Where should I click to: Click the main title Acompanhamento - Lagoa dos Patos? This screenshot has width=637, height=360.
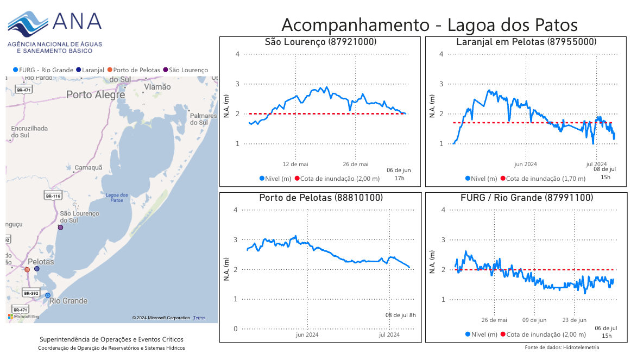pyautogui.click(x=429, y=25)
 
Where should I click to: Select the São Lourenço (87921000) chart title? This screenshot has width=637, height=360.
pyautogui.click(x=320, y=42)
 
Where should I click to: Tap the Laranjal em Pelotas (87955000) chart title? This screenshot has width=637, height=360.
pyautogui.click(x=526, y=42)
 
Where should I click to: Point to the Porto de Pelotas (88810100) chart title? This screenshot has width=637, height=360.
pyautogui.click(x=321, y=198)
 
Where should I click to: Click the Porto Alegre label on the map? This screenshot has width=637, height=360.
pyautogui.click(x=95, y=94)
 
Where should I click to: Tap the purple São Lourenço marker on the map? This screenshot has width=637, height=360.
pyautogui.click(x=60, y=228)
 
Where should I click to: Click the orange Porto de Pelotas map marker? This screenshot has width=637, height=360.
pyautogui.click(x=27, y=269)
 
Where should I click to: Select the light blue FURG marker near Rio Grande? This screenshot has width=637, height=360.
pyautogui.click(x=48, y=295)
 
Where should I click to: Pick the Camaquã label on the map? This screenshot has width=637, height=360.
pyautogui.click(x=88, y=167)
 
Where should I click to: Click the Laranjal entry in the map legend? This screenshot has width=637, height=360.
pyautogui.click(x=90, y=70)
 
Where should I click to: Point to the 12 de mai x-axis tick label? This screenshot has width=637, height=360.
pyautogui.click(x=295, y=164)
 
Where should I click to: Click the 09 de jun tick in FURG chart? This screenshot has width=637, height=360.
pyautogui.click(x=535, y=320)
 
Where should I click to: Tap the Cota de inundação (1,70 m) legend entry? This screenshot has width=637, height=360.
pyautogui.click(x=543, y=179)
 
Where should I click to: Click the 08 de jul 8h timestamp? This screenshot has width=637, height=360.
pyautogui.click(x=401, y=315)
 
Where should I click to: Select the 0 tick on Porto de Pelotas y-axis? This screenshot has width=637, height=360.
pyautogui.click(x=236, y=329)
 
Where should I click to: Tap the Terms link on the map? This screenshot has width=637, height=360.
pyautogui.click(x=199, y=318)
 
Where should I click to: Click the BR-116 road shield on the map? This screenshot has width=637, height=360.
pyautogui.click(x=52, y=195)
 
